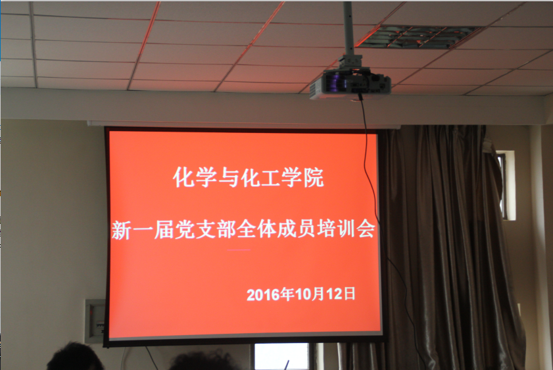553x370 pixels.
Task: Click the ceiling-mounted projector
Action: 350,82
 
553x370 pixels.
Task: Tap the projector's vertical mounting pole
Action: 349,28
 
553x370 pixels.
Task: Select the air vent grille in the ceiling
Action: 418,36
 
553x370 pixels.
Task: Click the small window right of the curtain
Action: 506,186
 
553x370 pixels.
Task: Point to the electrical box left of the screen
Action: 95,321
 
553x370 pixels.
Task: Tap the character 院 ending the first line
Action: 314,178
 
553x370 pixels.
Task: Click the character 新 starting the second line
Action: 122,230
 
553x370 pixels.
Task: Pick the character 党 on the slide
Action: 185,230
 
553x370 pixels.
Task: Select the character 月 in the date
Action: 317,294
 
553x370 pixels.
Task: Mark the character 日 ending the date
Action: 349,294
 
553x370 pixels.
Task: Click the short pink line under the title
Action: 239,250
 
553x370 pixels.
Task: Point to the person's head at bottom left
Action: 75,357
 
